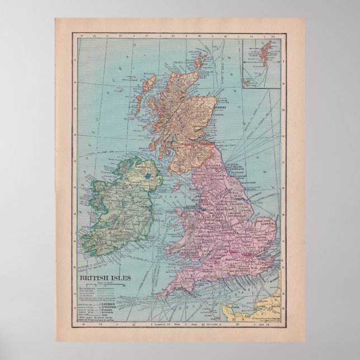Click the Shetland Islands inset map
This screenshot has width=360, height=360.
tap(262, 62)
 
